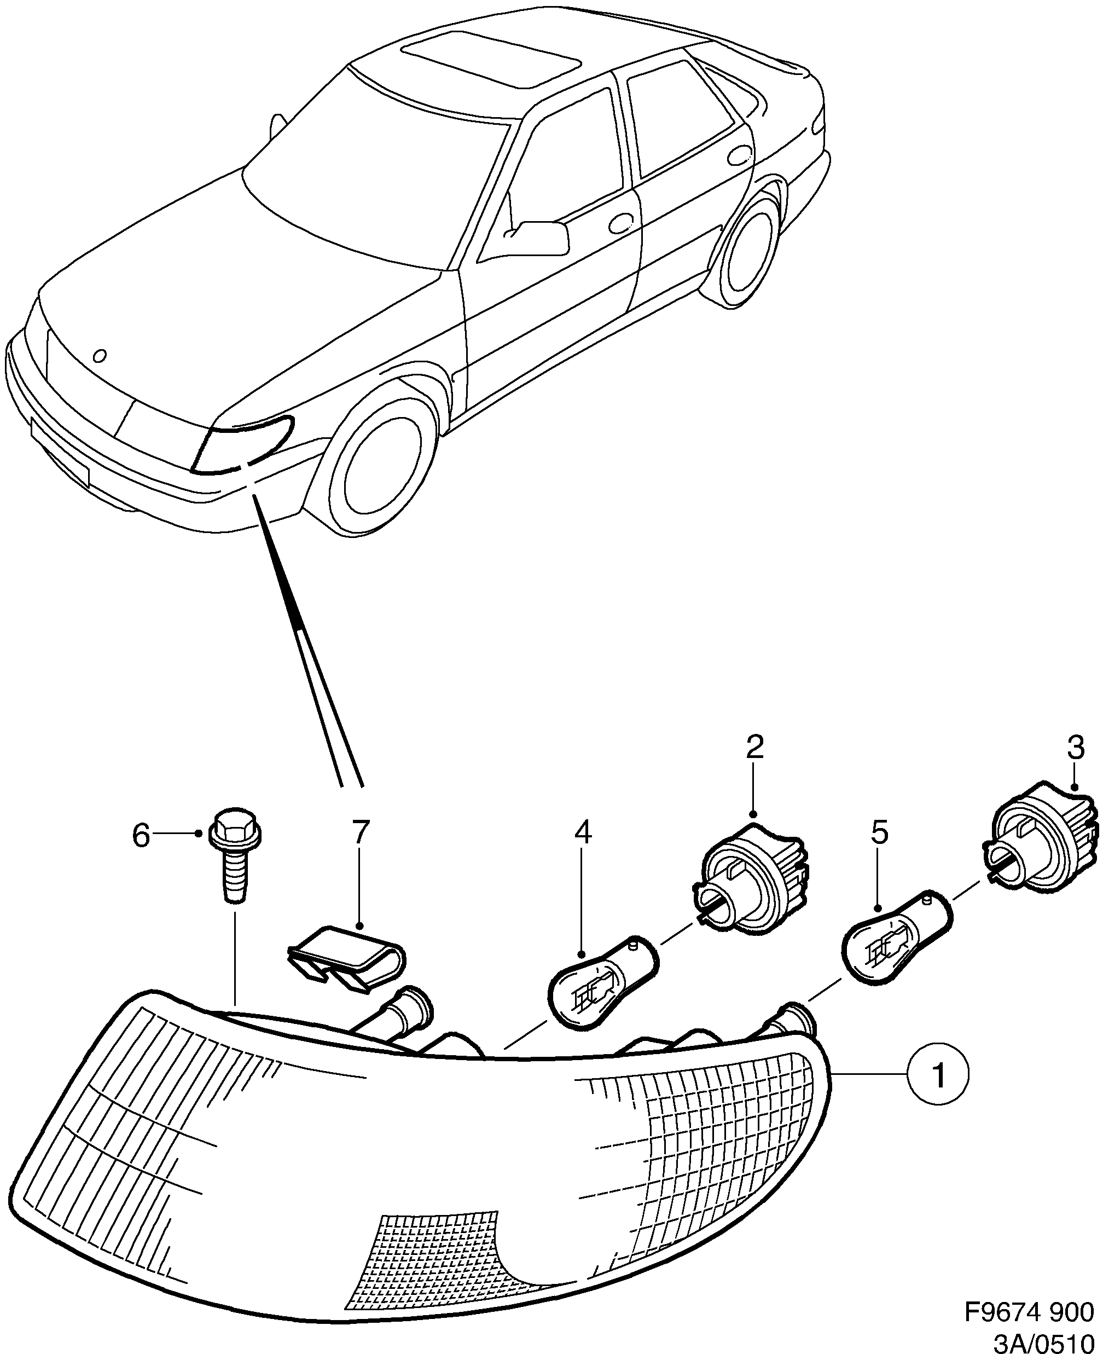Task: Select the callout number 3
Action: pos(1075,748)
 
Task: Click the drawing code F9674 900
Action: pos(1029,1310)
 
